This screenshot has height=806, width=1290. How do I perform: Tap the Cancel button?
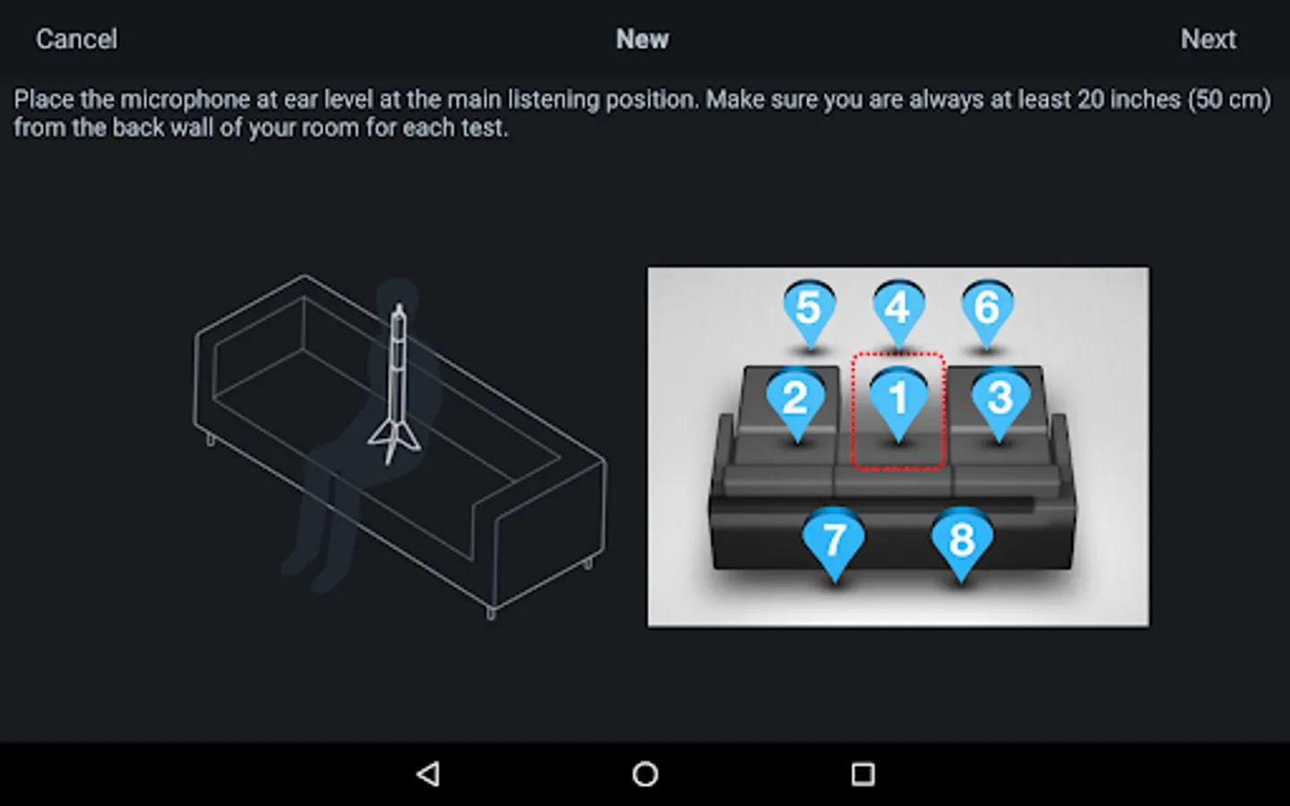[x=77, y=39]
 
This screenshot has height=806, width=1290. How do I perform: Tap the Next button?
[x=1208, y=39]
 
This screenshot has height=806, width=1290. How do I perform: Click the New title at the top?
[x=642, y=39]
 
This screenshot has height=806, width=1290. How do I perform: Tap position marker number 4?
[x=899, y=314]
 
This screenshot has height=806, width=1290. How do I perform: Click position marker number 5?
[x=809, y=314]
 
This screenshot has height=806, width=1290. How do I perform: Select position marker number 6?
[x=987, y=314]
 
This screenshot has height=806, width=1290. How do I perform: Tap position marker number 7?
[x=834, y=544]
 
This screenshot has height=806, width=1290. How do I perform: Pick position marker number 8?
[x=962, y=544]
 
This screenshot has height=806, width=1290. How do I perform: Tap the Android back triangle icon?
[x=428, y=774]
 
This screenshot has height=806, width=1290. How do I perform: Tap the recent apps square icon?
[x=863, y=774]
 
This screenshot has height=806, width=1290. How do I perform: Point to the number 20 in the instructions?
[x=1091, y=100]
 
